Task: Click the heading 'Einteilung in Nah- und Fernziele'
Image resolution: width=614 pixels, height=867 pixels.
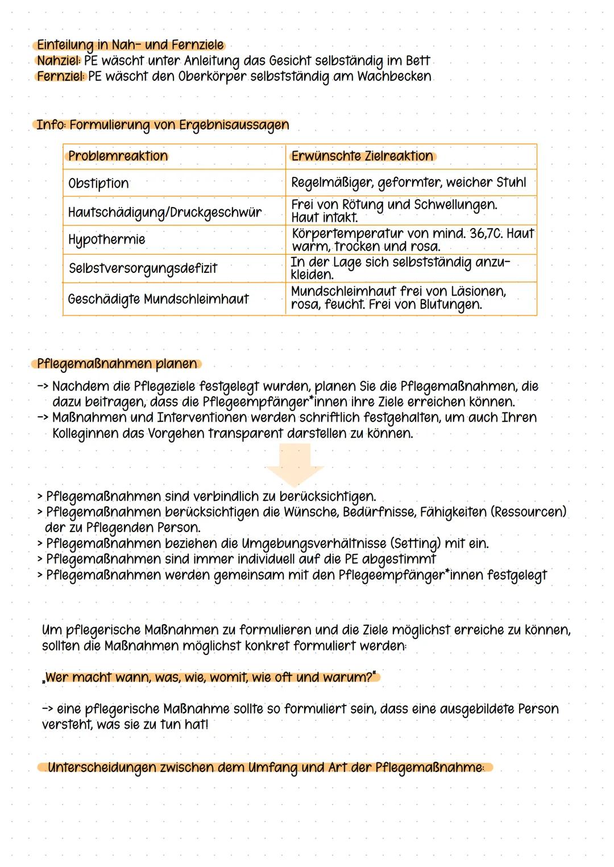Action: (130, 45)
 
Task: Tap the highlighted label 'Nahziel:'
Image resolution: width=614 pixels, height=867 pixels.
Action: (59, 61)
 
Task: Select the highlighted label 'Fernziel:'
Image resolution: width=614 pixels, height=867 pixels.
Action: (61, 76)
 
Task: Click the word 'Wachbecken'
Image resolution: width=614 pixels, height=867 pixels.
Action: (394, 76)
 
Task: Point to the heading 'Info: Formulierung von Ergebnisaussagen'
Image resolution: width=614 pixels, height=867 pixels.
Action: (163, 125)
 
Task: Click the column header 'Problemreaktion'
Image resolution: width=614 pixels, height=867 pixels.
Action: (118, 156)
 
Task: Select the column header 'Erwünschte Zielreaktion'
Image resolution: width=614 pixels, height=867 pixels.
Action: (362, 156)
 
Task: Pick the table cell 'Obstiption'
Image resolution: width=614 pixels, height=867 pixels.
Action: (98, 183)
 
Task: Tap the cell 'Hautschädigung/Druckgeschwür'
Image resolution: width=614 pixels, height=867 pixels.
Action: (165, 212)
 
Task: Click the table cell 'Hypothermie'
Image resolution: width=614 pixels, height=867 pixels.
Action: (106, 239)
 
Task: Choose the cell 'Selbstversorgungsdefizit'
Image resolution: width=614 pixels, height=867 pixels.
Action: (143, 268)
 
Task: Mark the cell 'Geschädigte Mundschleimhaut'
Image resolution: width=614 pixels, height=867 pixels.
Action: (158, 298)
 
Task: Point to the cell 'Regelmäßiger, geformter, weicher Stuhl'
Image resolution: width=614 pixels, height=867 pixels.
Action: (408, 182)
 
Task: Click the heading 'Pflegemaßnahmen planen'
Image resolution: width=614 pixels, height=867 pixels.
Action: (117, 363)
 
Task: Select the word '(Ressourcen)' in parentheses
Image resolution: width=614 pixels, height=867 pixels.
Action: (529, 512)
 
